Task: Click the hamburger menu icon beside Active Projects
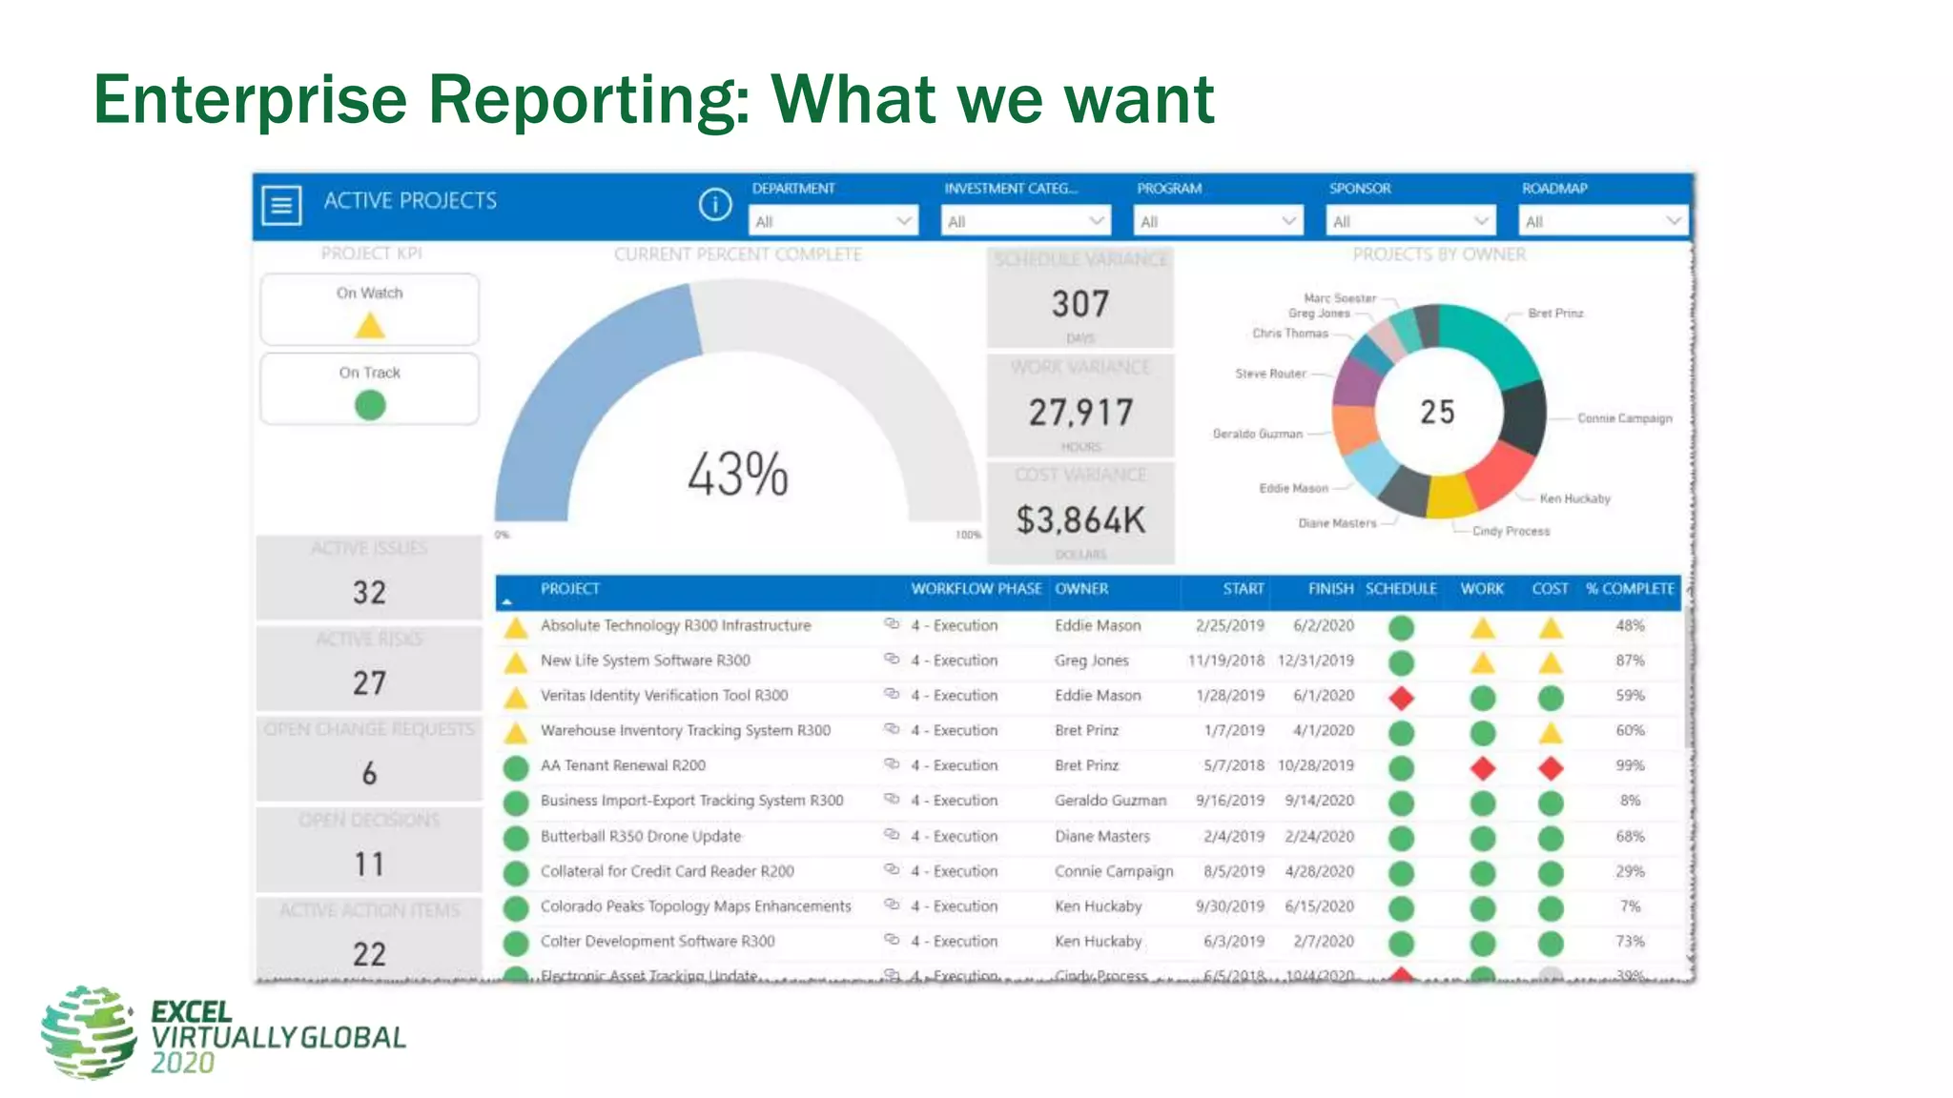[x=281, y=205]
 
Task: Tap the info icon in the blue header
[x=714, y=204]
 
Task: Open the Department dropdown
[x=833, y=221]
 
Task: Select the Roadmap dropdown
[x=1602, y=221]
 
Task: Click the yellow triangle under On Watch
[x=370, y=326]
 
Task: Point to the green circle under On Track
[x=370, y=406]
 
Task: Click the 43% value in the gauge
[x=738, y=474]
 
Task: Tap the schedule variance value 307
[x=1080, y=304]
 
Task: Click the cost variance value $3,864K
[x=1080, y=520]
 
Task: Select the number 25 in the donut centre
[x=1437, y=412]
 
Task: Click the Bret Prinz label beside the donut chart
[x=1555, y=313]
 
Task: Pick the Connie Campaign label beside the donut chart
[x=1624, y=418]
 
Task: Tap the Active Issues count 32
[x=370, y=592]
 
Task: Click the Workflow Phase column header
[x=976, y=589]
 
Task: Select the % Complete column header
[x=1630, y=589]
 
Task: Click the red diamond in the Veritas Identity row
[x=1401, y=698]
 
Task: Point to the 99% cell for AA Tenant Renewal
[x=1630, y=765]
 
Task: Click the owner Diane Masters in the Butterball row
[x=1102, y=836]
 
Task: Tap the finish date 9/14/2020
[x=1319, y=801]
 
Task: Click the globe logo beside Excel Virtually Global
[x=89, y=1032]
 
